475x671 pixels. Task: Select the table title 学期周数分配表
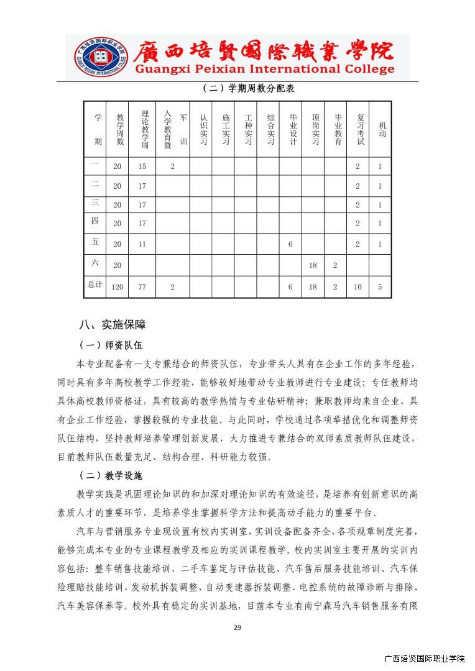tap(248, 88)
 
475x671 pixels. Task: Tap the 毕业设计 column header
tap(290, 129)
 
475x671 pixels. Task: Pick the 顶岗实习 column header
tap(313, 129)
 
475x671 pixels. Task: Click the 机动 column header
tap(380, 129)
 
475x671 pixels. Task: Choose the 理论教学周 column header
tap(143, 129)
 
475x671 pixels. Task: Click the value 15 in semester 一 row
tap(142, 167)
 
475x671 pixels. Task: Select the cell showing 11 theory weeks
tap(142, 244)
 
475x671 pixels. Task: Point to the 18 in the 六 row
tap(313, 265)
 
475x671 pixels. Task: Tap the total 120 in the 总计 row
tap(117, 287)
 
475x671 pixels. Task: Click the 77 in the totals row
tap(142, 287)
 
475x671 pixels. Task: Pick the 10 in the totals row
tap(357, 287)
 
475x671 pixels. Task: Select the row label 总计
tap(95, 285)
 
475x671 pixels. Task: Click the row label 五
tap(95, 243)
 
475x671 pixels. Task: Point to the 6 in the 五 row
tap(290, 244)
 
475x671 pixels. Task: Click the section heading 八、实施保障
tap(112, 324)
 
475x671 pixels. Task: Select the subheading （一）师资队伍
tap(111, 345)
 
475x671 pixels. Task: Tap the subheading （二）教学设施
tap(111, 476)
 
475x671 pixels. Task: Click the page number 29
tap(237, 628)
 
